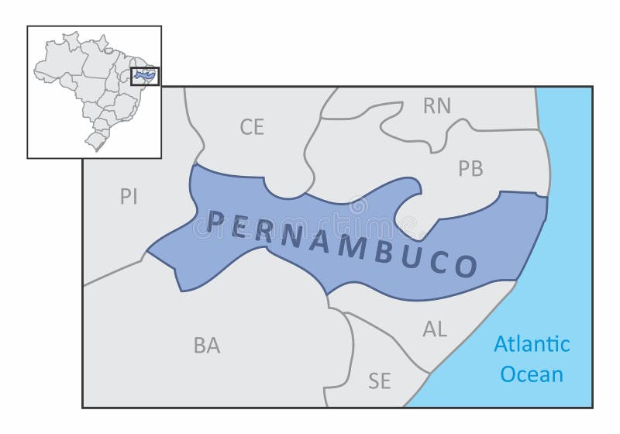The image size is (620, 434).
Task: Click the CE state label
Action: pos(252,126)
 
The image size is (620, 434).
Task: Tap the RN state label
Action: pos(437,106)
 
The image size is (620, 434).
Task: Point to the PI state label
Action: pos(129,196)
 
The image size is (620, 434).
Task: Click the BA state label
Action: pos(206,346)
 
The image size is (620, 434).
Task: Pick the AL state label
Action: pos(435,329)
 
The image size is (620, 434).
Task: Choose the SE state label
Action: pos(380,381)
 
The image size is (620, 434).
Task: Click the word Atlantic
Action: pos(532,343)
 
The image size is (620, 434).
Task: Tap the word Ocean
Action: pos(532,374)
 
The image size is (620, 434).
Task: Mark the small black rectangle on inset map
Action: pos(145,76)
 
